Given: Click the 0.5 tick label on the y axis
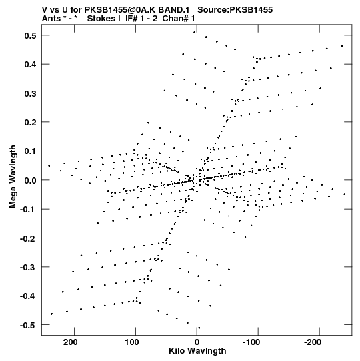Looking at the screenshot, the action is pyautogui.click(x=30, y=35).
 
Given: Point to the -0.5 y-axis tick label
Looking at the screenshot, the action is pyautogui.click(x=28, y=325).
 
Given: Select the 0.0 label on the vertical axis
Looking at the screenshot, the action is pyautogui.click(x=30, y=180).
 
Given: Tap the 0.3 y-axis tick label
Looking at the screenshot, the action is pyautogui.click(x=30, y=93).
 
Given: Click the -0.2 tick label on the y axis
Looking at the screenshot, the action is pyautogui.click(x=28, y=238).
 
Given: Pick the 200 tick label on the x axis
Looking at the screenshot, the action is pyautogui.click(x=71, y=342).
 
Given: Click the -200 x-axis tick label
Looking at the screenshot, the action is pyautogui.click(x=313, y=342).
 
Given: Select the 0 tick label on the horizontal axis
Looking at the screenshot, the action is pyautogui.click(x=197, y=342).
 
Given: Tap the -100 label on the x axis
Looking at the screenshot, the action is pyautogui.click(x=251, y=342).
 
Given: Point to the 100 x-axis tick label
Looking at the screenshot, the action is pyautogui.click(x=132, y=342).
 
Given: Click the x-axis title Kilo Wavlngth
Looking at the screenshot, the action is pyautogui.click(x=197, y=351).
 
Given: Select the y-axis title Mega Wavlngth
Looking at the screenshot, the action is pyautogui.click(x=13, y=177).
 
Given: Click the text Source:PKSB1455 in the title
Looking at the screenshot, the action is pyautogui.click(x=235, y=10).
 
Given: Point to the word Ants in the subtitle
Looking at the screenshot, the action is pyautogui.click(x=51, y=19).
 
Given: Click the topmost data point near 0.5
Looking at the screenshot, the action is pyautogui.click(x=195, y=32).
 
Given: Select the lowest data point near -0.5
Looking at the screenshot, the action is pyautogui.click(x=199, y=328).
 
